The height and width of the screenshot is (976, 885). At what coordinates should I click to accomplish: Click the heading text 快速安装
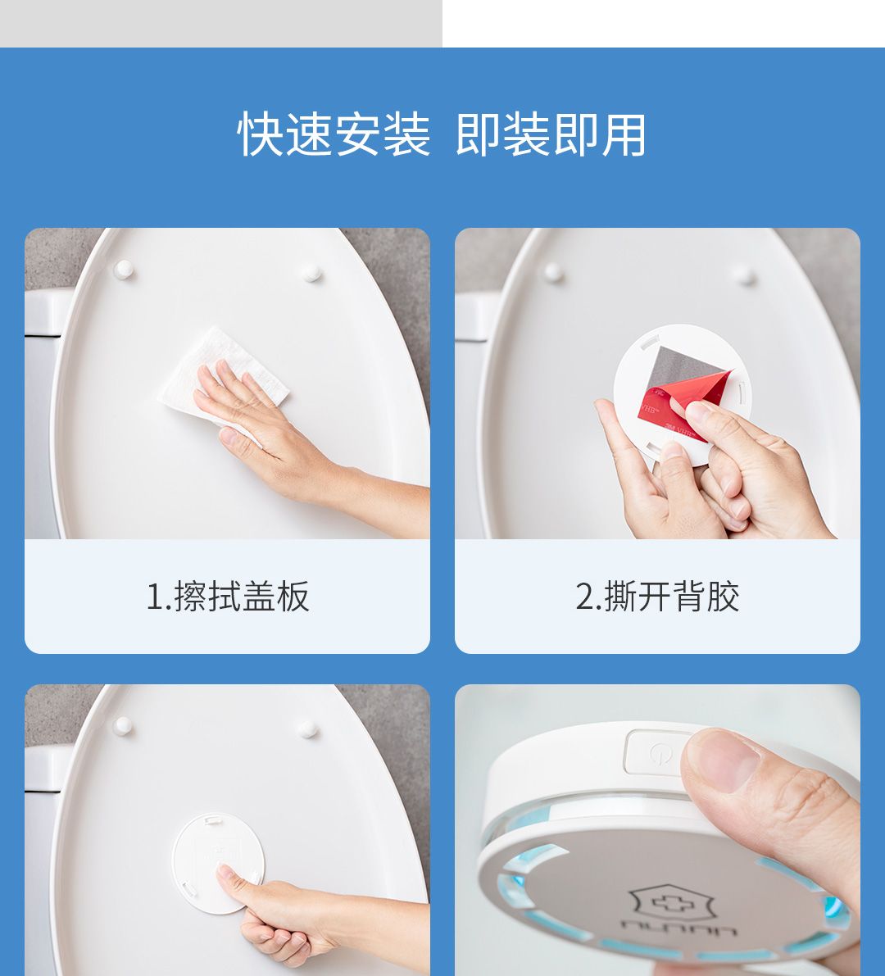pos(334,134)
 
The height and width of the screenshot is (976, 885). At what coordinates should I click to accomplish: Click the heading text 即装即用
pos(551,134)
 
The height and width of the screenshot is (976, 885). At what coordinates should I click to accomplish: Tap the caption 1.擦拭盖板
pos(228,597)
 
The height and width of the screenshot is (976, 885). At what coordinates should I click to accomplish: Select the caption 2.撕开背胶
pos(657,597)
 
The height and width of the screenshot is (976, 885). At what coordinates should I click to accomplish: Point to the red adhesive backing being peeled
pos(684,405)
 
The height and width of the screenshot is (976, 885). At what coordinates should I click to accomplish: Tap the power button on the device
pos(656,753)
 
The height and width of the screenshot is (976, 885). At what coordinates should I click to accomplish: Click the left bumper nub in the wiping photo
pos(123,270)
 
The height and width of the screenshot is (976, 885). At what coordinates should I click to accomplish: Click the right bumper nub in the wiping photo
pos(311,273)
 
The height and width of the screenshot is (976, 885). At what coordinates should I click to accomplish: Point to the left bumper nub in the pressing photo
pos(123,725)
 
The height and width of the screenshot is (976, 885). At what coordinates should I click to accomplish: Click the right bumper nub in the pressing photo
pos(307,729)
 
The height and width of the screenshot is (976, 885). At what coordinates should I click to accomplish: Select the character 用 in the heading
pos(624,134)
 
